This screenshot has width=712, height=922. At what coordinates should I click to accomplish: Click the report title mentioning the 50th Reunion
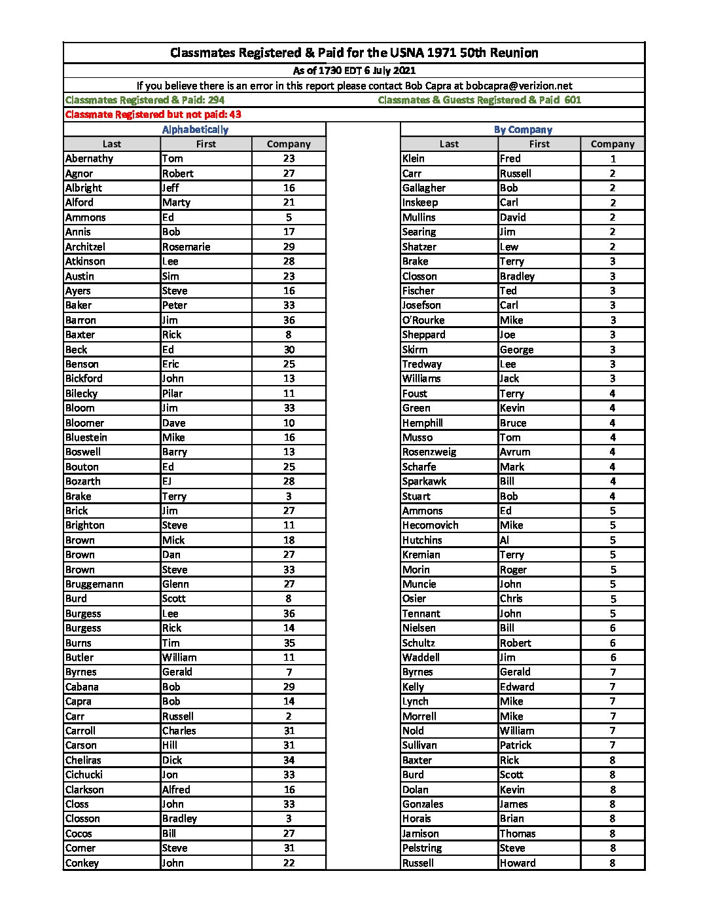[354, 53]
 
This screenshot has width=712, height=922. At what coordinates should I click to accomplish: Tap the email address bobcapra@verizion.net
[519, 86]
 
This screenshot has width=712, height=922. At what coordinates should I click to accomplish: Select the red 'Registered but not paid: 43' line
[153, 115]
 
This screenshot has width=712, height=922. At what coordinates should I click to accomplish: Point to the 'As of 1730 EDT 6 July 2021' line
[354, 71]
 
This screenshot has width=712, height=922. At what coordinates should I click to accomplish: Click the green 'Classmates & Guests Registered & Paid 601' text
[479, 100]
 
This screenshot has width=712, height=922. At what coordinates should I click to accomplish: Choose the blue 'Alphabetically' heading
[195, 130]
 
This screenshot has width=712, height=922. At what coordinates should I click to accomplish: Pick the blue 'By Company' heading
[523, 130]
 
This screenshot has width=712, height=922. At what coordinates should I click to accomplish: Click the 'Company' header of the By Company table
[612, 144]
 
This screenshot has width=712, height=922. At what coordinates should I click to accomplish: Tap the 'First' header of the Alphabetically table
[206, 144]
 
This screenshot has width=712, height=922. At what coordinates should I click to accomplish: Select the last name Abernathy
[89, 158]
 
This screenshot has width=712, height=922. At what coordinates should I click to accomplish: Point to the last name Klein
[414, 158]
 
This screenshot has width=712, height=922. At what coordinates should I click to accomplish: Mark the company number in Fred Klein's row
[613, 158]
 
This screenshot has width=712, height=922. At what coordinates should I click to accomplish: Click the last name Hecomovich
[430, 525]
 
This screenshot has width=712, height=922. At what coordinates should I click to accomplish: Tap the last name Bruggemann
[94, 584]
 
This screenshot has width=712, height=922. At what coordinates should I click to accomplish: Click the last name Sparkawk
[424, 481]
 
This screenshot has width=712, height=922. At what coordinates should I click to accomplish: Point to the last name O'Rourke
[423, 320]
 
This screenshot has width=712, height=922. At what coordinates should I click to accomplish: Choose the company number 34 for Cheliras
[289, 760]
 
